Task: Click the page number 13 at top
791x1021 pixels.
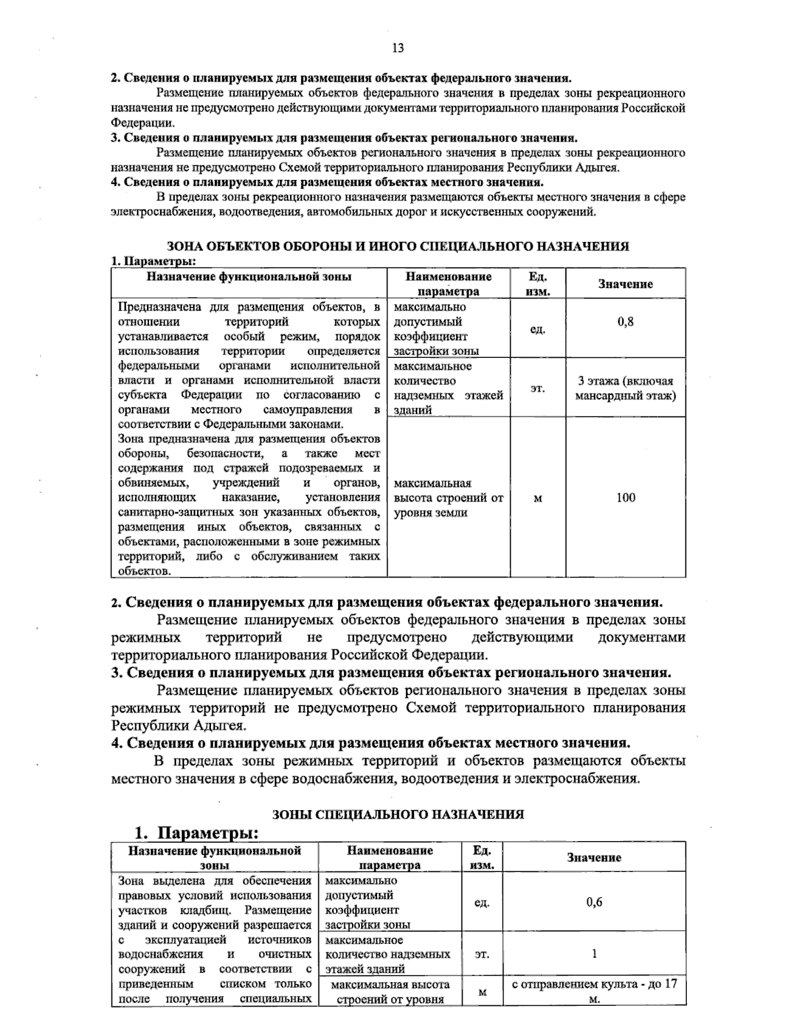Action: [397, 47]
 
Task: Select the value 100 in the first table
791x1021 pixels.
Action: [625, 498]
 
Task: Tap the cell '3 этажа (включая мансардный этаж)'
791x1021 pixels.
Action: [625, 388]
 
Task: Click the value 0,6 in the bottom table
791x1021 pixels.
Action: [594, 902]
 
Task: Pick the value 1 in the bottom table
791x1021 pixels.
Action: [594, 954]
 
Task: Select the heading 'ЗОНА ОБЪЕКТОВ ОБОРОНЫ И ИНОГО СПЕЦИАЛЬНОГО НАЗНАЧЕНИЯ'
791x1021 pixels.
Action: [397, 246]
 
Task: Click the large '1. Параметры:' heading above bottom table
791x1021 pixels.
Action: [196, 832]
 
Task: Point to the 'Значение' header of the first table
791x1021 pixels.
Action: [625, 284]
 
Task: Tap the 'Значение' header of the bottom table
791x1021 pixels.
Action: [594, 858]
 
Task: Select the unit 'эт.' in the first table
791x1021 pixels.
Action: [537, 389]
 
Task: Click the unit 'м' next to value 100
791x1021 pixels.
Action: [537, 498]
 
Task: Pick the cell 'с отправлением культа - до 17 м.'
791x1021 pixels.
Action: [594, 991]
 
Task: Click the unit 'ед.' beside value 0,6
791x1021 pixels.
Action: [482, 903]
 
